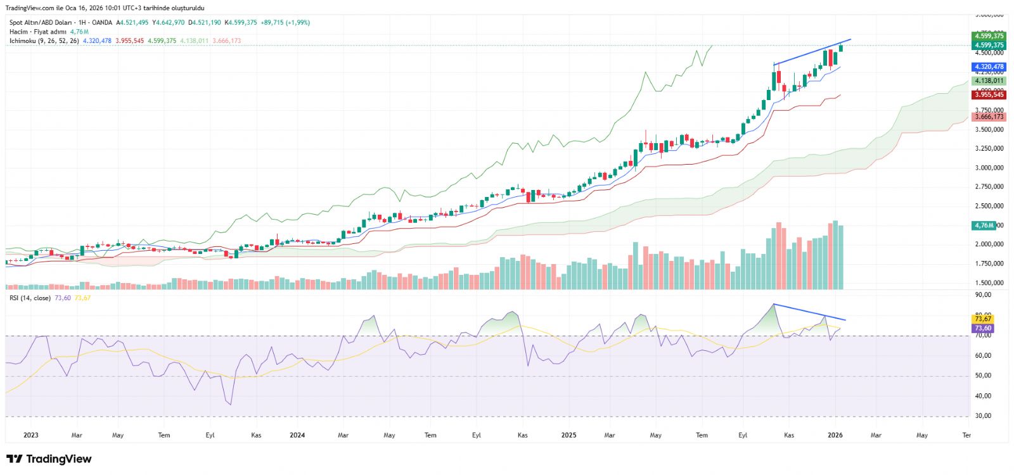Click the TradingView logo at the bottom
click(x=49, y=459)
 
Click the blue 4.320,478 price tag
click(x=989, y=67)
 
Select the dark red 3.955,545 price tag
click(x=989, y=95)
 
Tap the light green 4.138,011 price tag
click(x=989, y=81)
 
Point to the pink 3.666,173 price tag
click(x=989, y=117)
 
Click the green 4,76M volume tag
click(x=984, y=225)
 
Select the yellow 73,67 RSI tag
click(x=983, y=319)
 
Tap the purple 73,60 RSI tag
click(x=983, y=329)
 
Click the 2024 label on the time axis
click(x=297, y=435)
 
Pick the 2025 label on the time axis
click(x=568, y=435)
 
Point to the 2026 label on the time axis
click(x=835, y=435)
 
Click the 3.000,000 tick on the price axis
click(x=989, y=168)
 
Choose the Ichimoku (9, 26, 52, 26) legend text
click(x=44, y=41)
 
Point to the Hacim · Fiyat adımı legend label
click(x=37, y=32)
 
